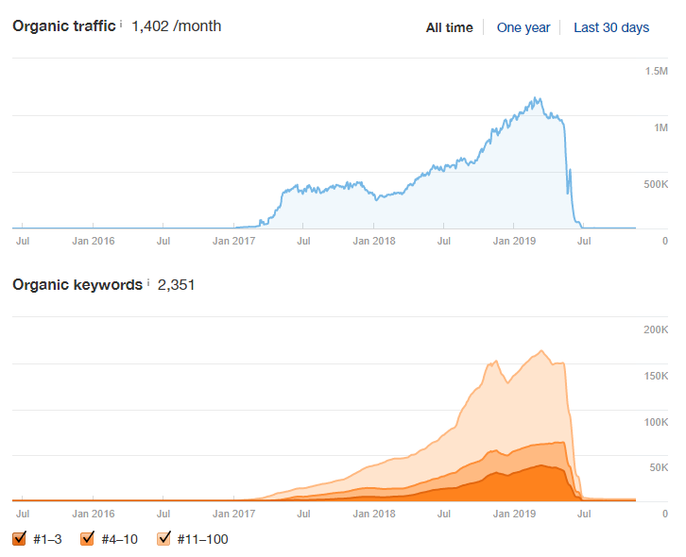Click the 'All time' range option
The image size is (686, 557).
[x=450, y=27]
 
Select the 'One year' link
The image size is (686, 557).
[x=523, y=27]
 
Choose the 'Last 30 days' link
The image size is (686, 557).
[x=611, y=27]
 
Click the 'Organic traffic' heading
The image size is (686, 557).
[x=64, y=25]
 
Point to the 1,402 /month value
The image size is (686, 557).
[x=177, y=25]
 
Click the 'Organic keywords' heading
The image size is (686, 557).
[x=77, y=284]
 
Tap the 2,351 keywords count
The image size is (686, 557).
[x=176, y=284]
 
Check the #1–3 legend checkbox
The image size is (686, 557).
[x=19, y=539]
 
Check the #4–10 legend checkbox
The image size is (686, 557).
[x=88, y=539]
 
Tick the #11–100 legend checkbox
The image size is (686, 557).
[x=163, y=539]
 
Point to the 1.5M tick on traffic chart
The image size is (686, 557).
[x=657, y=71]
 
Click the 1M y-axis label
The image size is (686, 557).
[x=660, y=127]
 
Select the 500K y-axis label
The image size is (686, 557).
[x=656, y=184]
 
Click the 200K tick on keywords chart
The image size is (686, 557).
[x=656, y=329]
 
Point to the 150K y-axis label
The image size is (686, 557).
[x=656, y=376]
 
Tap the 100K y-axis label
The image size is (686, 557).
[x=656, y=422]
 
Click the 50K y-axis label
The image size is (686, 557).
[x=659, y=467]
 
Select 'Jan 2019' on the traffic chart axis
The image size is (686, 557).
[x=514, y=241]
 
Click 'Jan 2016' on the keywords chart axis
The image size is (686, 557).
[x=94, y=514]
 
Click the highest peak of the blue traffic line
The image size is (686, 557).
[x=536, y=97]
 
